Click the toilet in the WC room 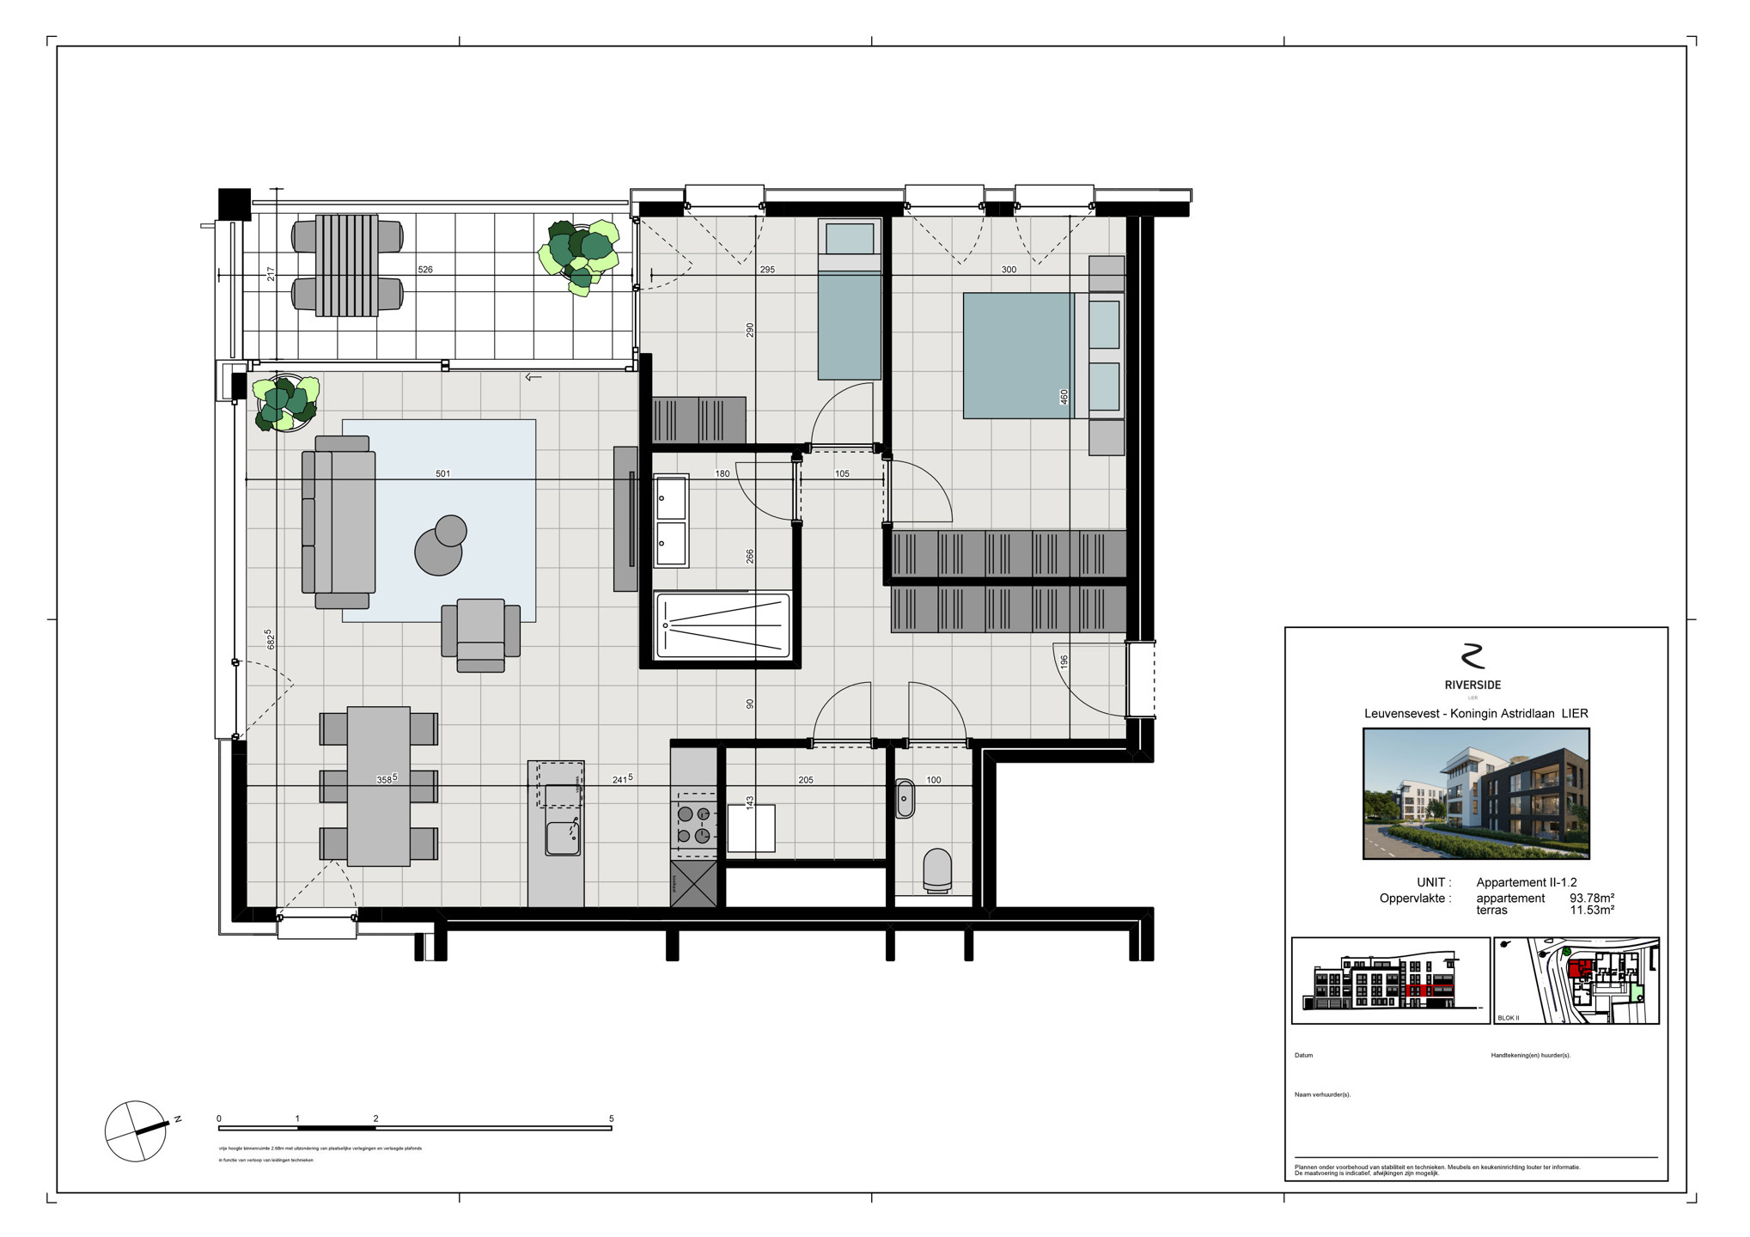pyautogui.click(x=936, y=869)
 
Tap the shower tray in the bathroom pyautogui.click(x=723, y=625)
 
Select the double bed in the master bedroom pyautogui.click(x=1019, y=356)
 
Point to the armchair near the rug pyautogui.click(x=480, y=634)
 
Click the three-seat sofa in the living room pyautogui.click(x=339, y=521)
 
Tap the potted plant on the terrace pyautogui.click(x=580, y=255)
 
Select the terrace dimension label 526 pyautogui.click(x=425, y=270)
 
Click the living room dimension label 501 pyautogui.click(x=442, y=474)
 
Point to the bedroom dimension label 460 pyautogui.click(x=1064, y=397)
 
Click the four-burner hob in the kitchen pyautogui.click(x=693, y=825)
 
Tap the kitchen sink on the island pyautogui.click(x=563, y=838)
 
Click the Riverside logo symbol pyautogui.click(x=1473, y=656)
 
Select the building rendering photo pyautogui.click(x=1475, y=793)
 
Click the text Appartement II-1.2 pyautogui.click(x=1526, y=882)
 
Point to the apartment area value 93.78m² pyautogui.click(x=1591, y=899)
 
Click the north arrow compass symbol pyautogui.click(x=136, y=1131)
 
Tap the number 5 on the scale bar pyautogui.click(x=611, y=1118)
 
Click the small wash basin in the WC pyautogui.click(x=905, y=799)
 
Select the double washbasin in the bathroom pyautogui.click(x=671, y=521)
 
